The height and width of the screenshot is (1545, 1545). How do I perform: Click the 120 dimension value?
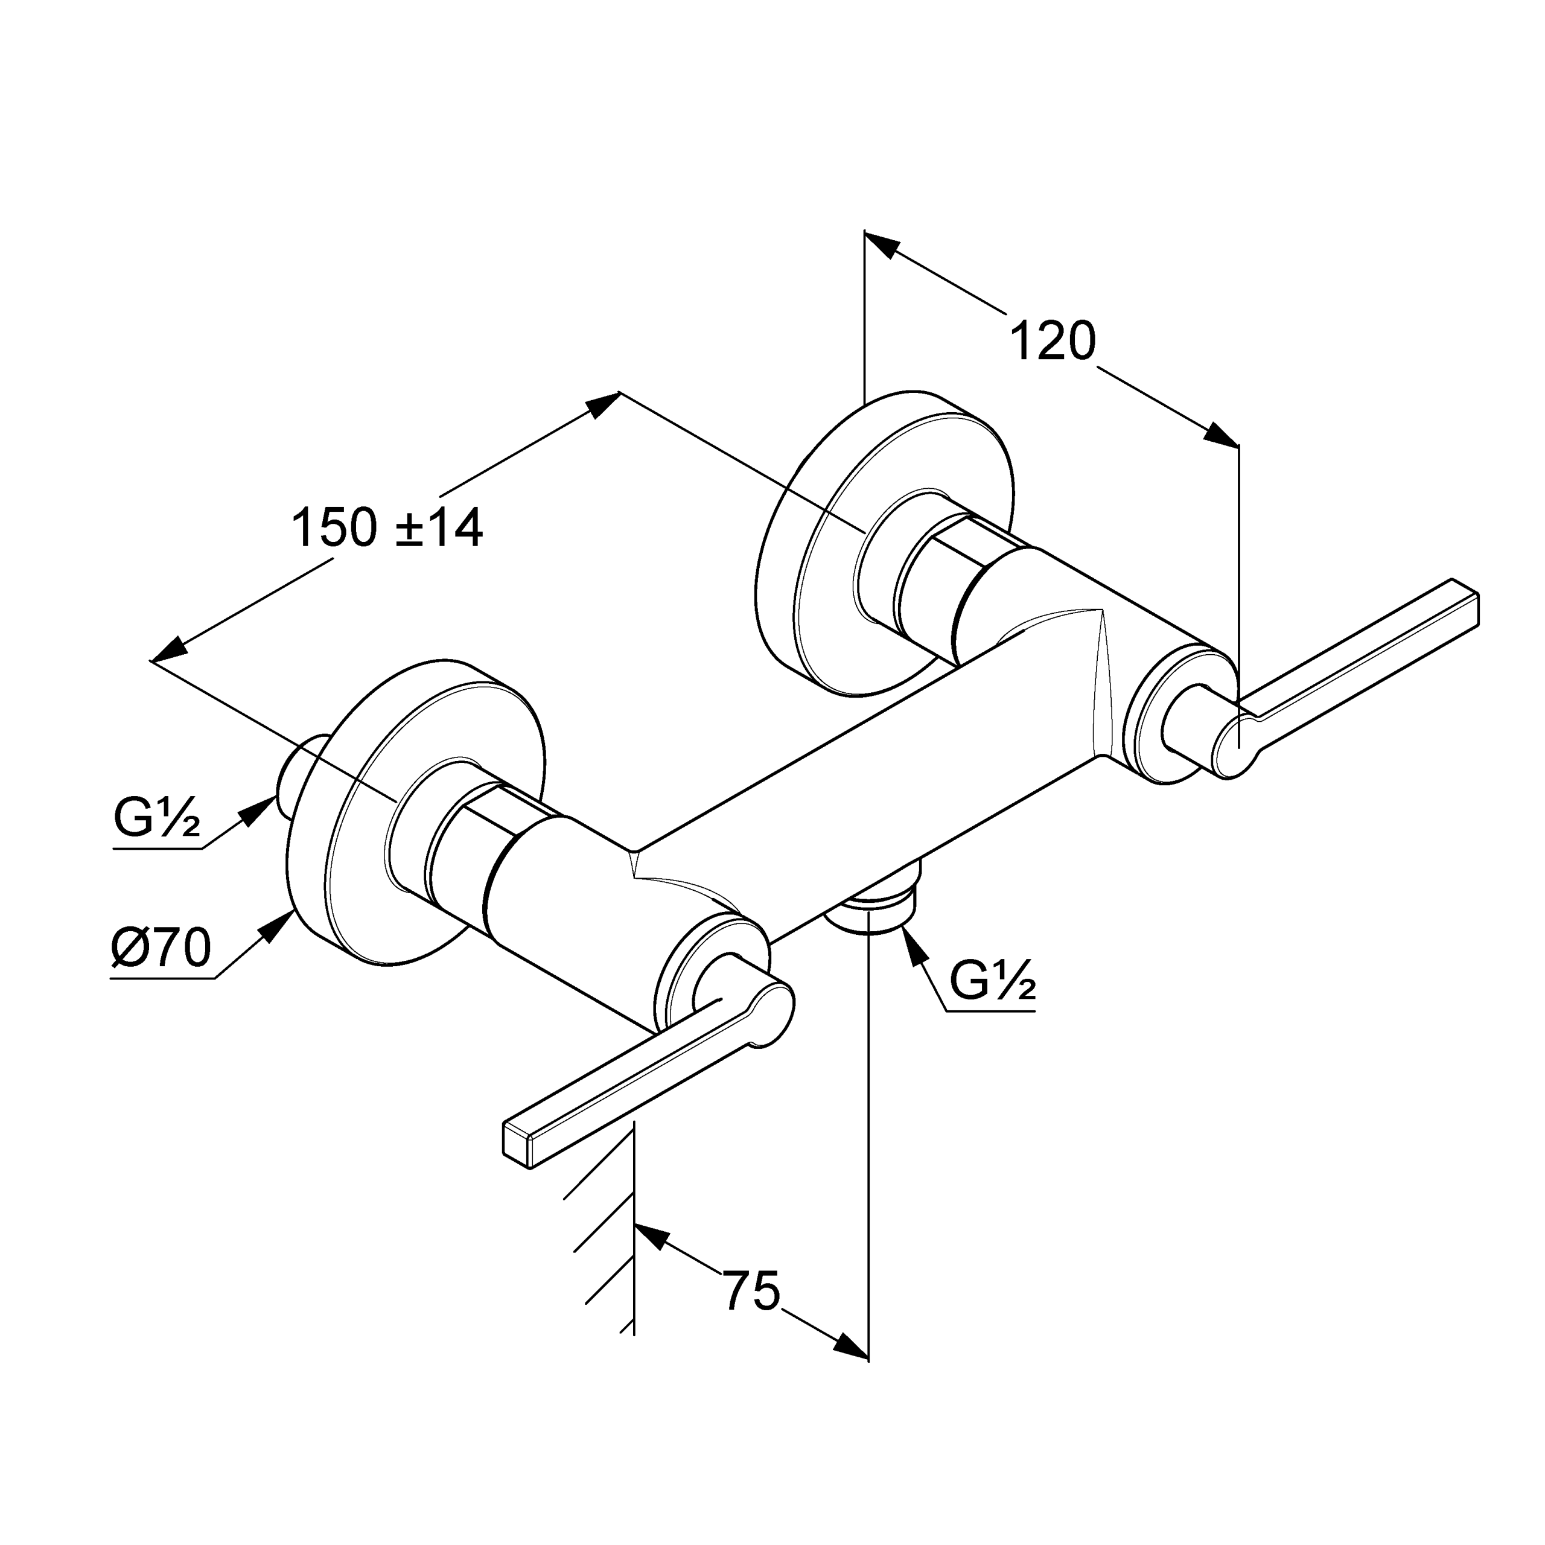(x=1053, y=342)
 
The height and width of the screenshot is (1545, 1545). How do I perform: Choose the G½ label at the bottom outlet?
(x=992, y=981)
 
